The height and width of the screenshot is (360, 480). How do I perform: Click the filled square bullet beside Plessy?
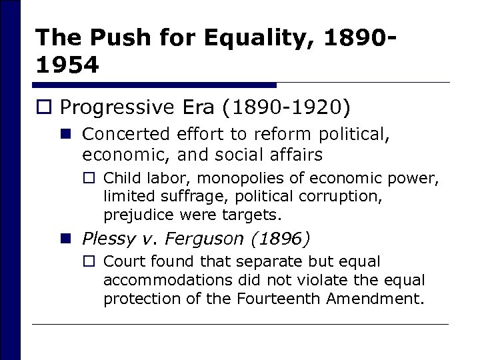coord(68,237)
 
